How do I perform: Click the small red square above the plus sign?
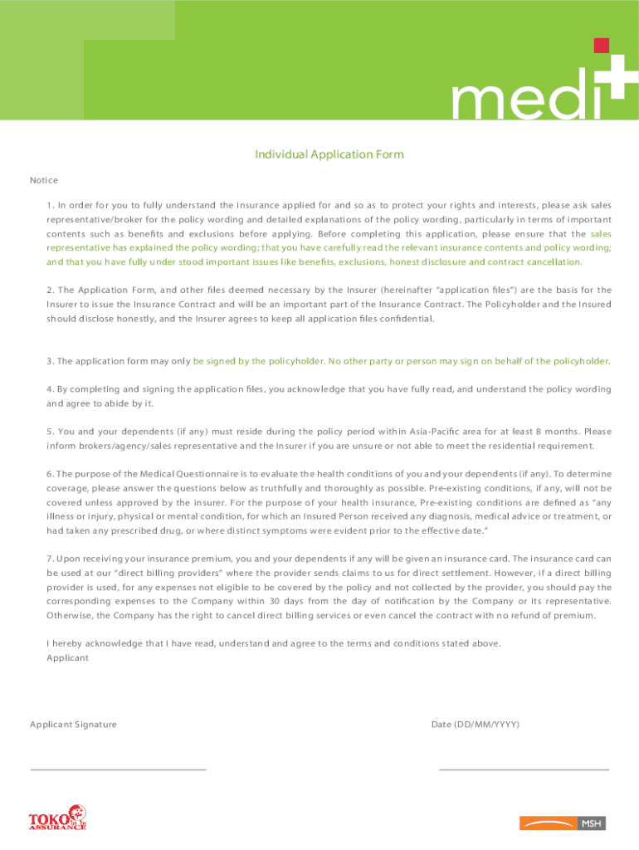click(x=602, y=45)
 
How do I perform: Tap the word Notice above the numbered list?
click(x=44, y=180)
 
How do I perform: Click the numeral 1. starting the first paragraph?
click(x=51, y=205)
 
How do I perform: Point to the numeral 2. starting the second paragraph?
click(x=51, y=290)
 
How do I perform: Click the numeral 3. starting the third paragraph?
click(x=51, y=361)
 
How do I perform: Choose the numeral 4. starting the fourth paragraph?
click(x=51, y=388)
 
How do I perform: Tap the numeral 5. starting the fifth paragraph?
click(x=51, y=431)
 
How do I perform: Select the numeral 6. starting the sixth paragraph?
click(x=51, y=474)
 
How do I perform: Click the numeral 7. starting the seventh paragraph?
click(x=51, y=559)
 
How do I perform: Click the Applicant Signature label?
click(x=73, y=725)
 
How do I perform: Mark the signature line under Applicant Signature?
click(x=118, y=769)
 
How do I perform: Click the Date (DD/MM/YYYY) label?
click(x=476, y=725)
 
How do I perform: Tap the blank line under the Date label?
click(x=523, y=769)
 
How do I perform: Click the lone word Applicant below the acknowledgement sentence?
click(x=67, y=657)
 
